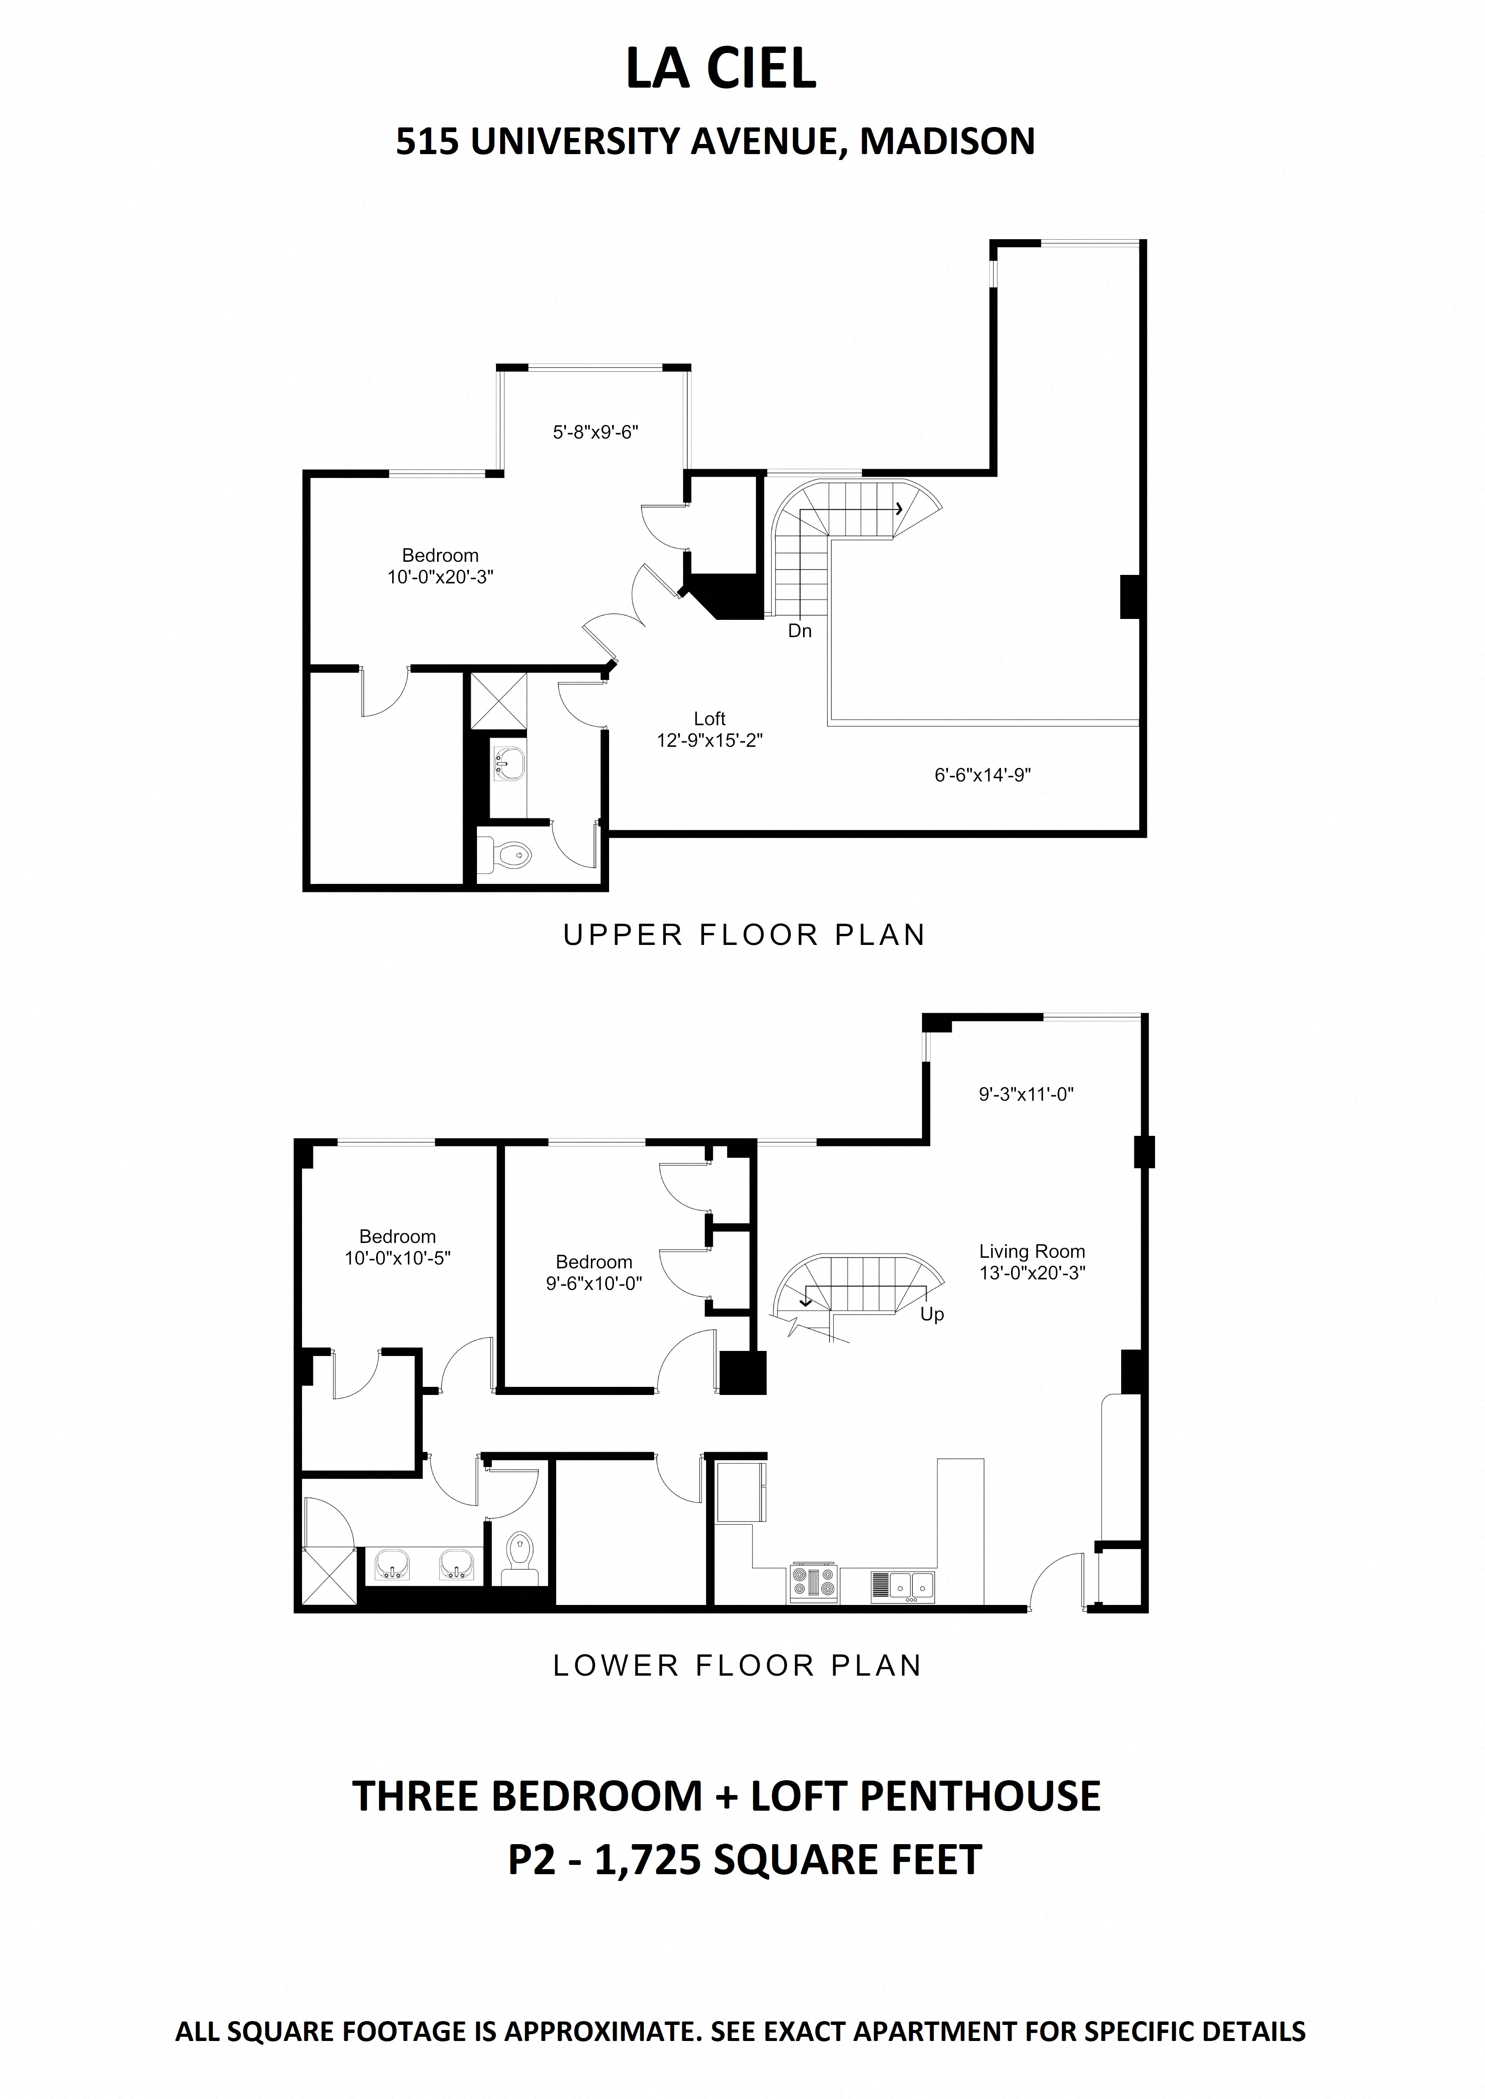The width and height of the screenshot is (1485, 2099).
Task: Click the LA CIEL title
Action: coord(720,69)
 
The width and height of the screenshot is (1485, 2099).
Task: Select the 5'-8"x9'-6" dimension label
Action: coord(594,432)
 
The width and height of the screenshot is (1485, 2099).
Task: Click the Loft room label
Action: coord(709,718)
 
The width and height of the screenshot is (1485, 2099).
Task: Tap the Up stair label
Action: coord(932,1315)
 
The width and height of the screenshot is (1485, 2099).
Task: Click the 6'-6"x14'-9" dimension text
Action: coord(983,775)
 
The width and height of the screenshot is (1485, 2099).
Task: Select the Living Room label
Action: coord(1031,1251)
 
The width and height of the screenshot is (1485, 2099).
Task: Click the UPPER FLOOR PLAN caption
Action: coord(743,935)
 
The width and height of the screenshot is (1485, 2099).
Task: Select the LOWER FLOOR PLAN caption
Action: coord(737,1665)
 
